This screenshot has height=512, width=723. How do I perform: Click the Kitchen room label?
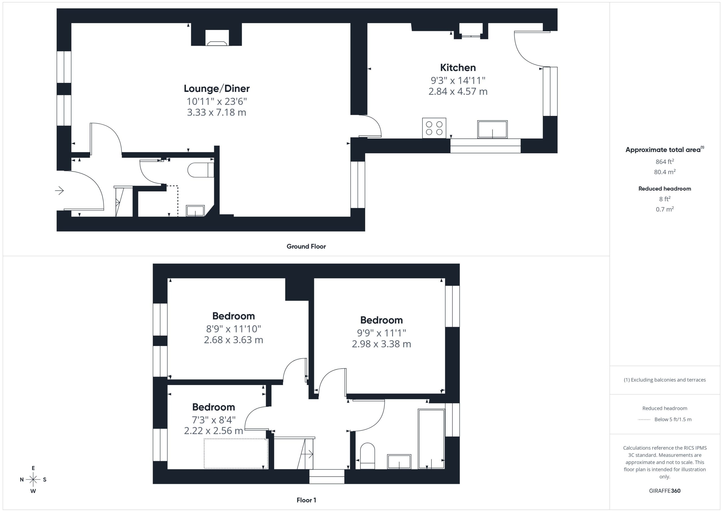coord(458,68)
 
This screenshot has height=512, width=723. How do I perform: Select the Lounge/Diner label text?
coord(217,88)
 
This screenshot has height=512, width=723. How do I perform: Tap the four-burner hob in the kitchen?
coord(434,128)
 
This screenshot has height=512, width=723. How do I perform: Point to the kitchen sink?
coord(492,129)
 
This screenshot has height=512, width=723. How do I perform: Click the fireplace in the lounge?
coord(217,38)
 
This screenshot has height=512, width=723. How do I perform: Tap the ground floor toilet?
coord(201,170)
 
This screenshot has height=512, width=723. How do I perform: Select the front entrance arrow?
coord(59,191)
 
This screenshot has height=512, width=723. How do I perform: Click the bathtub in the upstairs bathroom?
coord(431,439)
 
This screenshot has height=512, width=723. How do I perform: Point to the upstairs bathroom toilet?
coord(367,456)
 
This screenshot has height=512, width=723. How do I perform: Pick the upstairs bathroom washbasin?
coord(399,462)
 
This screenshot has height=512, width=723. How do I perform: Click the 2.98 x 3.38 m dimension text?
coord(381,344)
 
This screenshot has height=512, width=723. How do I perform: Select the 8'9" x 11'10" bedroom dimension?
coord(233,329)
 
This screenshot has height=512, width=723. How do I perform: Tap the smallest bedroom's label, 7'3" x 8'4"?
coord(214,420)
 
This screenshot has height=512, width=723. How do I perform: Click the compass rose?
coord(33,479)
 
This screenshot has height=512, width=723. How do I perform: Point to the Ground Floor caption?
coord(306,247)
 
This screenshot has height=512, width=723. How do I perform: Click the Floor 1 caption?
coord(306,500)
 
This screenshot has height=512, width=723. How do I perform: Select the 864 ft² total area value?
coord(665,162)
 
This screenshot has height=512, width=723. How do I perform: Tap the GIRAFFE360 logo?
coord(665,491)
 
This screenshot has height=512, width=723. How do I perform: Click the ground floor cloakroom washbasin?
coord(195,211)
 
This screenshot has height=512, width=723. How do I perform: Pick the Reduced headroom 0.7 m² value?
coord(665,209)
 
